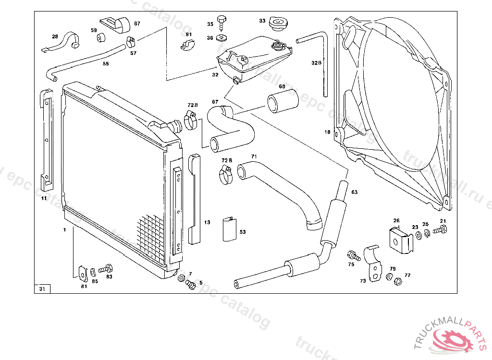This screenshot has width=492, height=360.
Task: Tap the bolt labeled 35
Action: (x=222, y=21)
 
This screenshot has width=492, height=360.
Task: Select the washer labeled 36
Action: (x=222, y=37)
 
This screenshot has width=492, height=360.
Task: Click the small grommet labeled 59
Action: (x=101, y=38)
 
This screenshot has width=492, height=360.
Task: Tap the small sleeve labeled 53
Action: (x=229, y=228)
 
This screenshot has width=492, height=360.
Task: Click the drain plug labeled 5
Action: (x=190, y=285)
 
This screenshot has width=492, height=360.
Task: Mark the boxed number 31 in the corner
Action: (x=42, y=289)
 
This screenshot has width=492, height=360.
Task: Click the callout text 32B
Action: (x=316, y=63)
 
